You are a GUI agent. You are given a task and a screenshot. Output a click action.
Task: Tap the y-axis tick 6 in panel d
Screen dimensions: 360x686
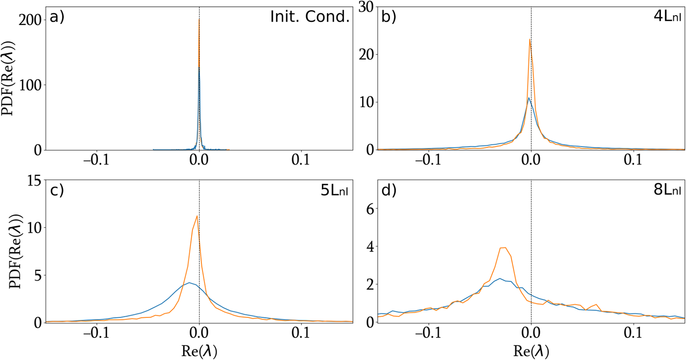pos(370,208)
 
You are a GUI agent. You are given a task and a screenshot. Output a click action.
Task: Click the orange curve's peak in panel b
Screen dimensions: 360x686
pos(530,40)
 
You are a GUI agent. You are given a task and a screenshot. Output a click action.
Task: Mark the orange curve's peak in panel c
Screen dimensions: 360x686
pos(197,216)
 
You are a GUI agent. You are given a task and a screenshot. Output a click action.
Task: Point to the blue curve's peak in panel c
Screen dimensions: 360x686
pos(189,283)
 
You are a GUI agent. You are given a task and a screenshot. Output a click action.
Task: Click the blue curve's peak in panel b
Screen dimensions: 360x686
pos(529,98)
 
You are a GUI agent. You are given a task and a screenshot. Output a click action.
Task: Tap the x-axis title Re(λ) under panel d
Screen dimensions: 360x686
pos(531,350)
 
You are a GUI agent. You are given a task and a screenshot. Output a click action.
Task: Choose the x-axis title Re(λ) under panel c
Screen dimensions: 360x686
pos(199,350)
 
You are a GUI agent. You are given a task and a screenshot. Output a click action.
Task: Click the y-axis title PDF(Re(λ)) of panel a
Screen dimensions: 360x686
pos(10,78)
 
